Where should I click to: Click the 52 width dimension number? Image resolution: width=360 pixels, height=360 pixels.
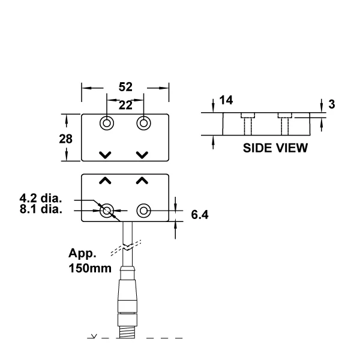(x=125, y=87)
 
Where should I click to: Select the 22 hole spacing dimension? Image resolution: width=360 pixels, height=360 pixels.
(x=125, y=106)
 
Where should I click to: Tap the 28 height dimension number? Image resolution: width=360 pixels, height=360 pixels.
(x=65, y=139)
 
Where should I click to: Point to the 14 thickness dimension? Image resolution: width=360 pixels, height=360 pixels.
(x=226, y=100)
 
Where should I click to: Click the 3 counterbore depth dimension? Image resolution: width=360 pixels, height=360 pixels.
(x=332, y=104)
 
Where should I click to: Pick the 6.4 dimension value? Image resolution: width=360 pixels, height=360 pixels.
(x=200, y=215)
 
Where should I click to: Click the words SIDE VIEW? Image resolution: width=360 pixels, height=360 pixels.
(x=275, y=148)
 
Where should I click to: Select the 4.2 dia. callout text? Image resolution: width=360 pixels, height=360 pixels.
(x=41, y=198)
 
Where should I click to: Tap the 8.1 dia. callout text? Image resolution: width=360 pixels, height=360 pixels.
(x=41, y=209)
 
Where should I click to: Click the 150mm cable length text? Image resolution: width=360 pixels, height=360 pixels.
(x=90, y=268)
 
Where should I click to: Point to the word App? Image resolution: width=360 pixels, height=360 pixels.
(x=82, y=253)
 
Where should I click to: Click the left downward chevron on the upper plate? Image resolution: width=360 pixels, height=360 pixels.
(x=105, y=155)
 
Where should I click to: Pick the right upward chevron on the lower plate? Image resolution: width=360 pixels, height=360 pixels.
(x=142, y=181)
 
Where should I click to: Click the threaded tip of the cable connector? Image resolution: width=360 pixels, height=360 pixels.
(x=127, y=332)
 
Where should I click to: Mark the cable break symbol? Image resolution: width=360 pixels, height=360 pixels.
(x=126, y=248)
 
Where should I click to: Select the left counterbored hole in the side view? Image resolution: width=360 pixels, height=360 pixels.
(x=248, y=124)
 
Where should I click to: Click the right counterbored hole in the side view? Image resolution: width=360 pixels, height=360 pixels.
(x=284, y=124)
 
